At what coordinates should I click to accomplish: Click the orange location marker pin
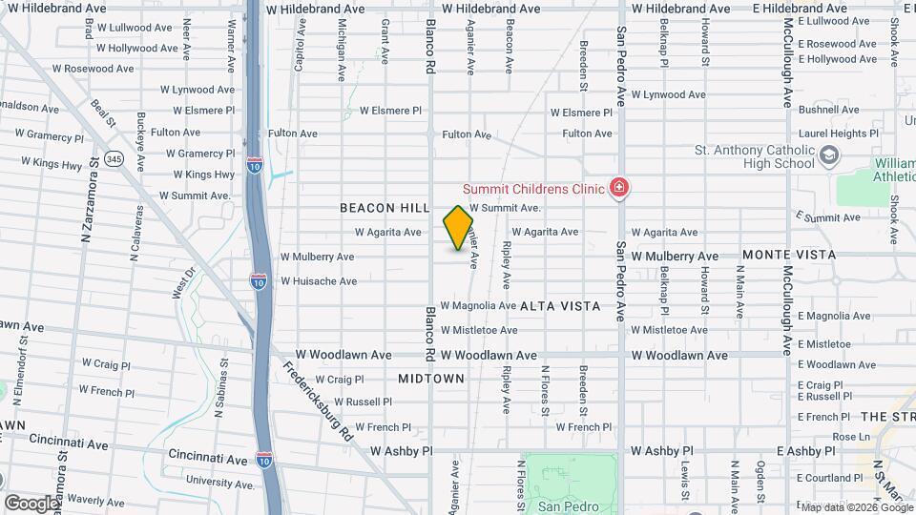tap(458, 228)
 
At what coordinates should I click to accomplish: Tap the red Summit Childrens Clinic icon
tap(619, 188)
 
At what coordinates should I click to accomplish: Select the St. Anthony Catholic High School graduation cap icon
tap(829, 155)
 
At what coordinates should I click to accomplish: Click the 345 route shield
tap(114, 158)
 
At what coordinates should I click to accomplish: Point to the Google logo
tap(31, 503)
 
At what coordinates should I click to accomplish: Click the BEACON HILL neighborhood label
tap(379, 207)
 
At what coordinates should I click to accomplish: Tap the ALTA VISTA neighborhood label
tap(561, 306)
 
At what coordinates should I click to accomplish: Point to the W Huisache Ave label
tap(319, 281)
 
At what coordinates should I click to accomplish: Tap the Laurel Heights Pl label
tap(839, 134)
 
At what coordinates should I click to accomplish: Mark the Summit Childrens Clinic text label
tap(534, 188)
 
